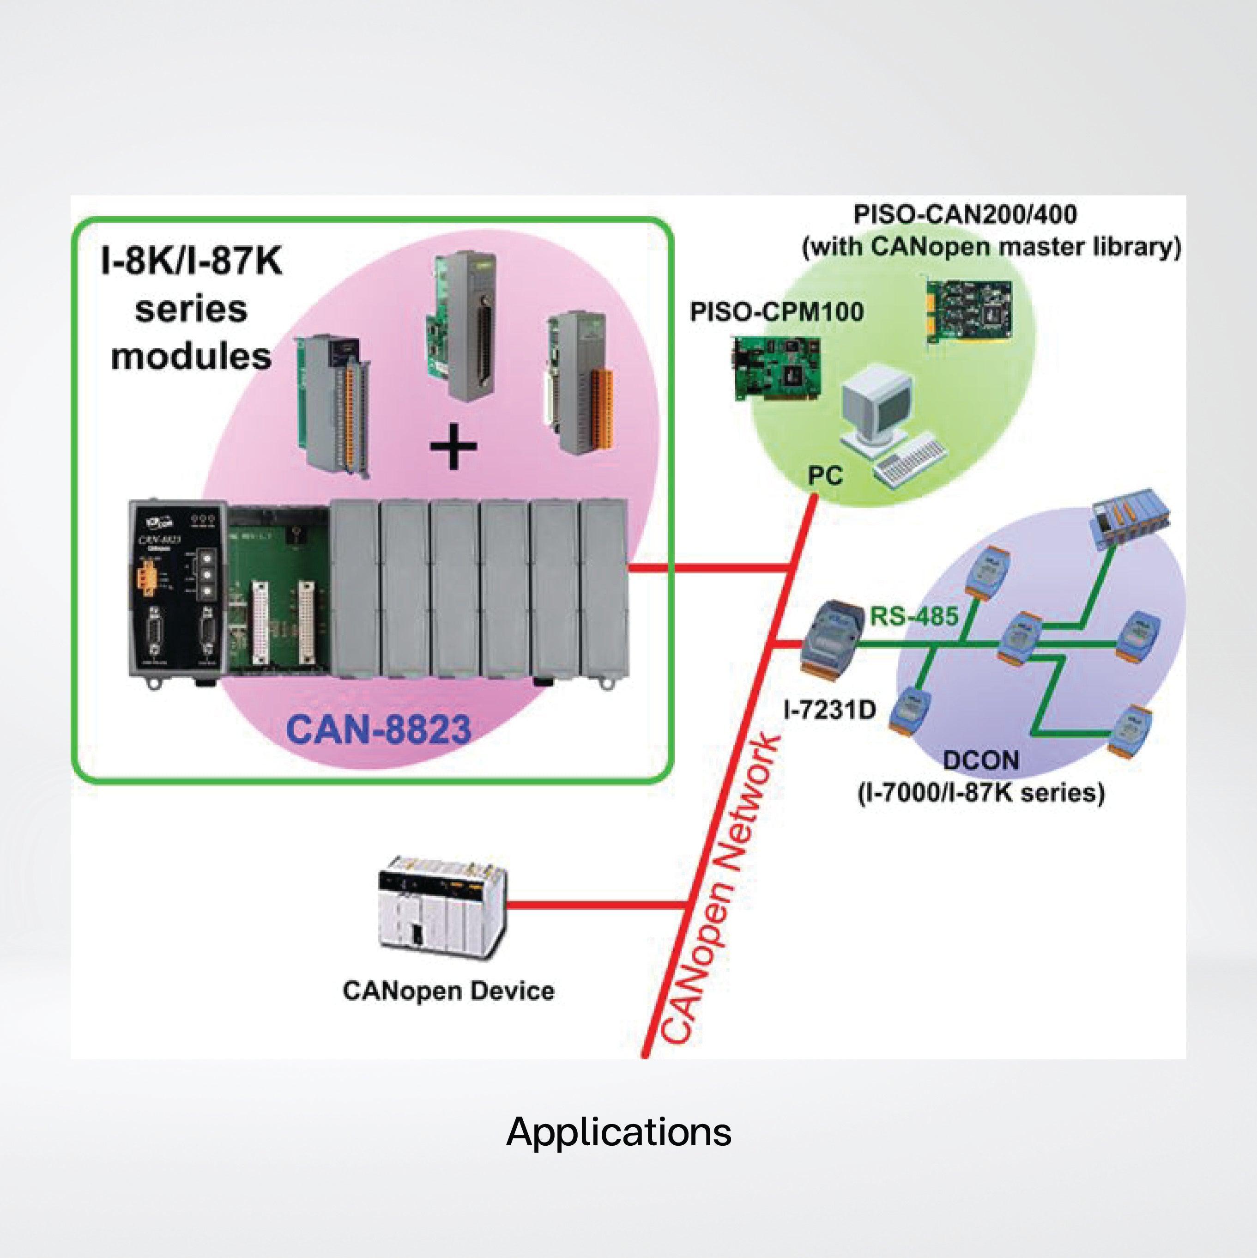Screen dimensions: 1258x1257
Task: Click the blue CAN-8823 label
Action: point(378,729)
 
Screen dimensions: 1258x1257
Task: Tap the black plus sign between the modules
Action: point(454,446)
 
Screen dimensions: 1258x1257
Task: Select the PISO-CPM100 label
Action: point(777,312)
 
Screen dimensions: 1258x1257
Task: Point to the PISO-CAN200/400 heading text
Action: point(965,214)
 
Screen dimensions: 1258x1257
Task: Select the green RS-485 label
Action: point(915,615)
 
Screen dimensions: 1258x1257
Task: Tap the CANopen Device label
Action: point(448,991)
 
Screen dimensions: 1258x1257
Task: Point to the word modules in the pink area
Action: point(191,357)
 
